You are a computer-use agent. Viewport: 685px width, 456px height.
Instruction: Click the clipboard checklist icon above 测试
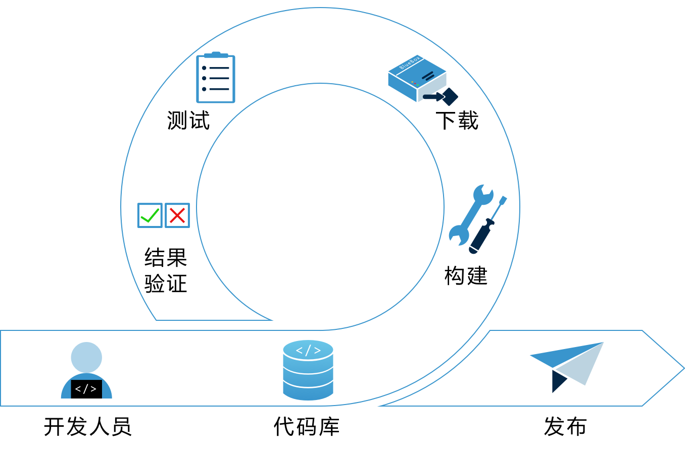[x=216, y=78]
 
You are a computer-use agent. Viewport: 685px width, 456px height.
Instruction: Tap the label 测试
[x=188, y=121]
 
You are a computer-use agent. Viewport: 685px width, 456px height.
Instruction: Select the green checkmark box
[x=150, y=215]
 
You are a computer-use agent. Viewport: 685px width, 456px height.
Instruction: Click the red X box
[x=177, y=215]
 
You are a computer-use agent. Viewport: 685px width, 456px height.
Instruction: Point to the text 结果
[x=166, y=258]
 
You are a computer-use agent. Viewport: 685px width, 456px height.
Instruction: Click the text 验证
[x=166, y=283]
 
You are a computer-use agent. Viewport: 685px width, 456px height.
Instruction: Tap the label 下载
[x=457, y=121]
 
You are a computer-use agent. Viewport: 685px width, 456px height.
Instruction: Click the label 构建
[x=466, y=276]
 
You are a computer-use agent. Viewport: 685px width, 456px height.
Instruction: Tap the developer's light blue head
[x=86, y=357]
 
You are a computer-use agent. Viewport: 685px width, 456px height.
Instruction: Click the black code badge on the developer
[x=86, y=389]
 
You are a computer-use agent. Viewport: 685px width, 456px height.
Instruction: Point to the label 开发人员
[x=87, y=427]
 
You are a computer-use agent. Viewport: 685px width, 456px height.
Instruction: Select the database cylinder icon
[x=308, y=373]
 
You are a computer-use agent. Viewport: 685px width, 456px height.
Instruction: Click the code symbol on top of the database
[x=308, y=350]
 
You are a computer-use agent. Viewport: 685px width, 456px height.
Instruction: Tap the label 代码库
[x=307, y=427]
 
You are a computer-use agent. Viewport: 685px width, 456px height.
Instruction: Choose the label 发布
[x=565, y=427]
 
